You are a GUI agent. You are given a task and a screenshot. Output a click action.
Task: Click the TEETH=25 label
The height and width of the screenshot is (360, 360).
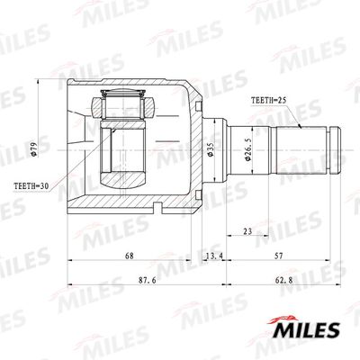coord(269,103)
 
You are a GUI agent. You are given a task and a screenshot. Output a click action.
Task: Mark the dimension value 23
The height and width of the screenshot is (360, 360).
coord(245,231)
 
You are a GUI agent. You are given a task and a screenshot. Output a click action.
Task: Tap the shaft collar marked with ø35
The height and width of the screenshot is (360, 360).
coord(215,148)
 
